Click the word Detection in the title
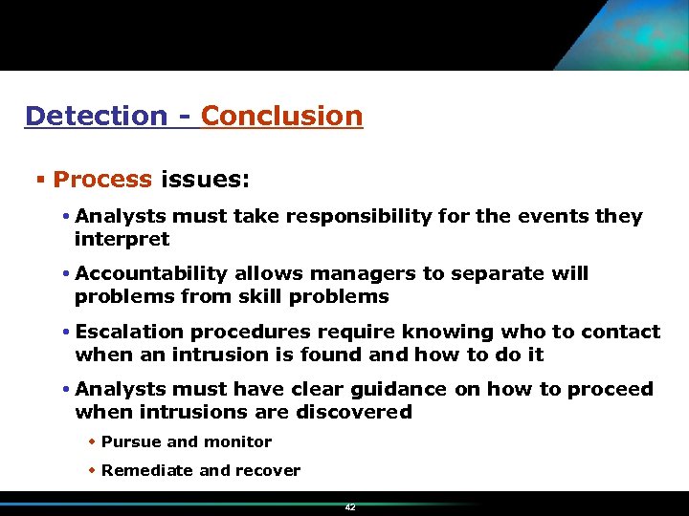[x=96, y=116]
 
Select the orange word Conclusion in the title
[x=282, y=116]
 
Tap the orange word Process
[x=102, y=179]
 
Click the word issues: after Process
[x=206, y=179]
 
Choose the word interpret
[x=122, y=239]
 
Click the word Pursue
[x=131, y=441]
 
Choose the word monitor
[x=236, y=441]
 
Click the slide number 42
[x=350, y=507]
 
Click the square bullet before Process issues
[x=41, y=179]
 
